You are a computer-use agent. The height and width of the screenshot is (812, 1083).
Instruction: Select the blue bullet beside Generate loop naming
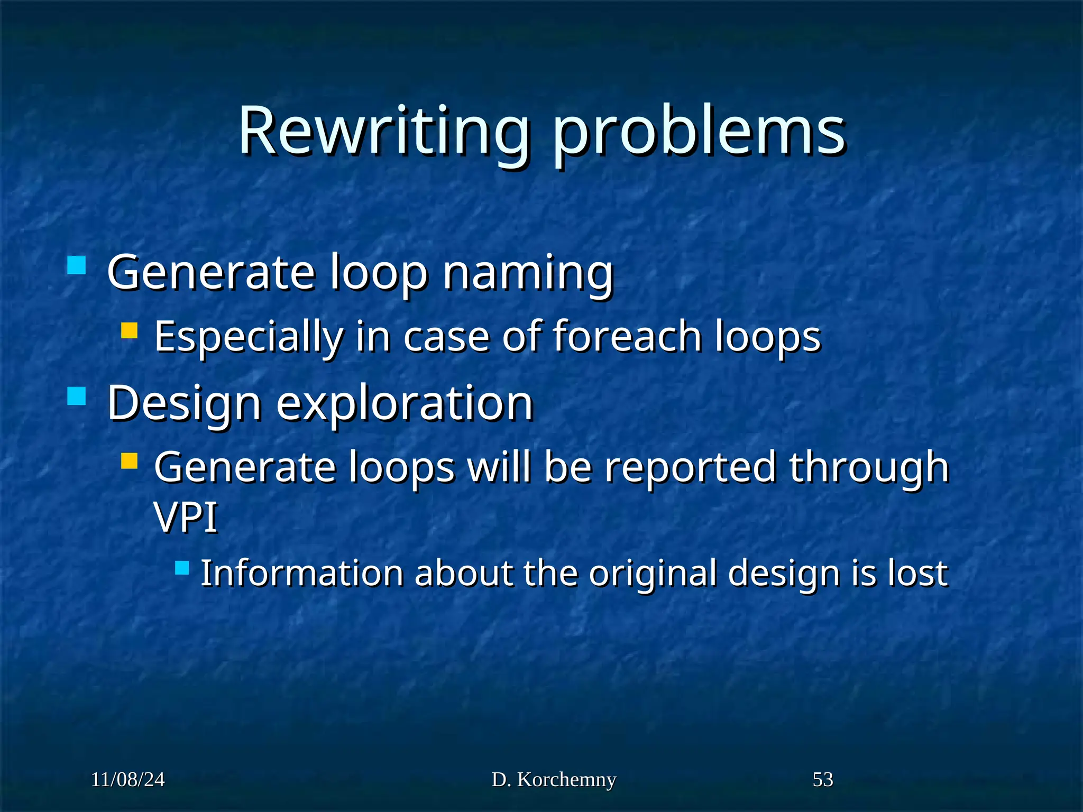77,265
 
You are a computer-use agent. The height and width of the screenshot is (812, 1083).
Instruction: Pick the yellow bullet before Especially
129,331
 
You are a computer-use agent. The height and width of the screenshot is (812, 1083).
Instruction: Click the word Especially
249,337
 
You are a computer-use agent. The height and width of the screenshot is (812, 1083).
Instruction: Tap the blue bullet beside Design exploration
77,396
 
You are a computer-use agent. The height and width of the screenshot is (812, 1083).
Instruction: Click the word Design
185,403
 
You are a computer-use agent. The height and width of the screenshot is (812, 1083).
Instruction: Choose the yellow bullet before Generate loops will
129,461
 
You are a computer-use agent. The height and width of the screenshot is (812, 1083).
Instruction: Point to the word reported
691,468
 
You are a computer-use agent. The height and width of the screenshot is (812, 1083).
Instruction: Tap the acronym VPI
186,517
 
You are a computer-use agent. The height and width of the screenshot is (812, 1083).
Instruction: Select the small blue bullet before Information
182,568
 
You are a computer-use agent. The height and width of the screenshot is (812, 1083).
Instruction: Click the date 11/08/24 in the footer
128,780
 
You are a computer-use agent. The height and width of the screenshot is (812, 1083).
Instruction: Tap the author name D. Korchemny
554,780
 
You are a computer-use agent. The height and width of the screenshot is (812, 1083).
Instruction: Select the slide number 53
823,780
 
